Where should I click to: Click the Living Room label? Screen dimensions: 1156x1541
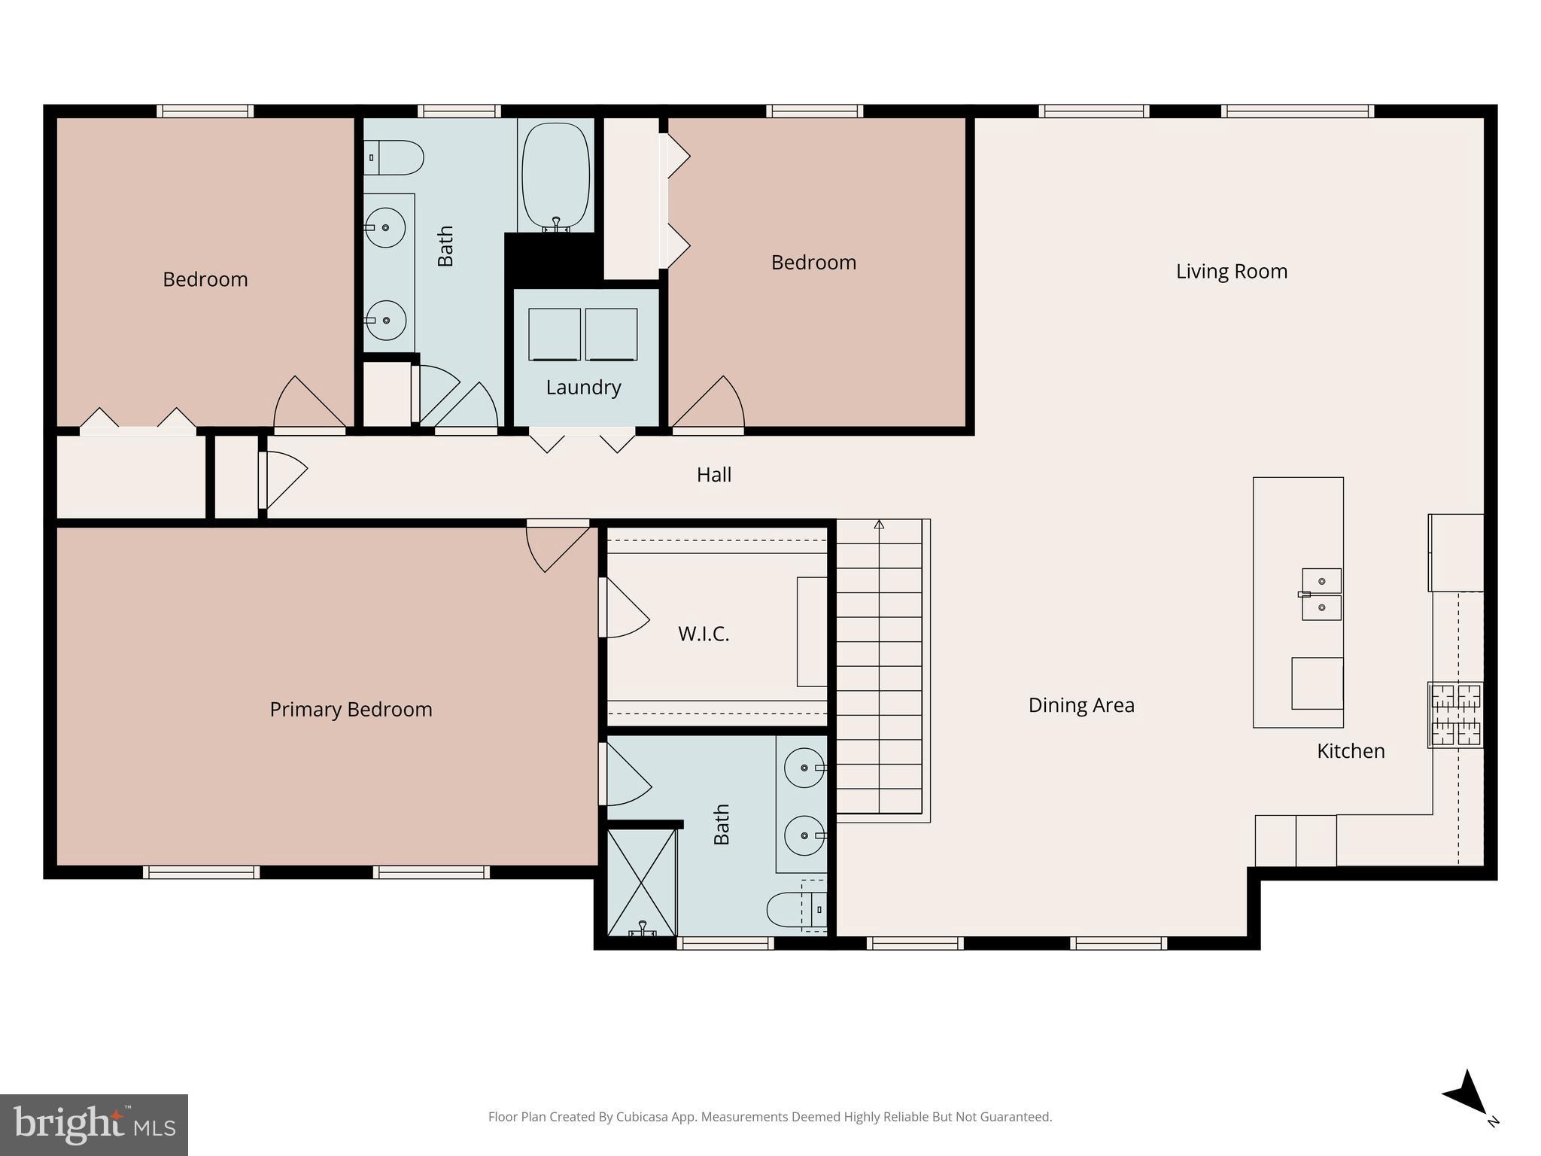click(x=1231, y=271)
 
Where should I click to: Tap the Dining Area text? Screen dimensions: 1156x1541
click(x=1081, y=705)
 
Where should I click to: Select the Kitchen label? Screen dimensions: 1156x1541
click(x=1350, y=751)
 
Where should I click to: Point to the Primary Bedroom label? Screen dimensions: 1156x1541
click(x=351, y=710)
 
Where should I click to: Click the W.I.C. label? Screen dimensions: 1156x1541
click(x=704, y=634)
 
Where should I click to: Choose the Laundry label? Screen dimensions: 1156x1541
click(x=583, y=388)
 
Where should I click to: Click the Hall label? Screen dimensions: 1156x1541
click(x=713, y=475)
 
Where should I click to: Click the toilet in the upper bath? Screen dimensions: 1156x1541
click(x=395, y=158)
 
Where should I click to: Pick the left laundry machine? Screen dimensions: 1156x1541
click(x=555, y=334)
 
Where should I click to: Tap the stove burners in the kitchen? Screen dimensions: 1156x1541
click(x=1455, y=715)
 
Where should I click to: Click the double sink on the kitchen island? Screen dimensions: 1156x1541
click(x=1321, y=594)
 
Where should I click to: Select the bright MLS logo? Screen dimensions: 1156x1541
click(x=93, y=1124)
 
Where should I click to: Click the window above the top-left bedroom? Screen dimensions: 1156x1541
click(x=205, y=111)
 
